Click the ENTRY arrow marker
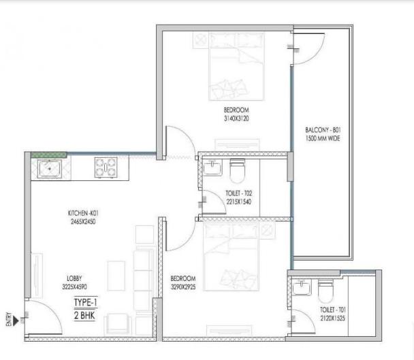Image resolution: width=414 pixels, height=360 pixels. pos(16,321)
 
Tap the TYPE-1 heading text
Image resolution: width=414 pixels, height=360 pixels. pos(86,302)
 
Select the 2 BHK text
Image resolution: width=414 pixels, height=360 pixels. pos(84,315)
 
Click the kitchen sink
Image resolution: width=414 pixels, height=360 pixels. pos(50,169)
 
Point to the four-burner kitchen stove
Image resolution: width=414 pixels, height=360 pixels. pos(106,167)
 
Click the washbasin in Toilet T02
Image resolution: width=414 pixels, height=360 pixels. pos(212,168)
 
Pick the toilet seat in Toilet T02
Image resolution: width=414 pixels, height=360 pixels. pos(237,171)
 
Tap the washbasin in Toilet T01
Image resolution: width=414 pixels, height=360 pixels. pos(302,287)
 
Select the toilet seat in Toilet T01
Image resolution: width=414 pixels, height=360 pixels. pos(325,291)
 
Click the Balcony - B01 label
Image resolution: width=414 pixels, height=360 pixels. pos(323,130)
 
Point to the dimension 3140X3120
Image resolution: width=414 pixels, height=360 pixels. pos(236,118)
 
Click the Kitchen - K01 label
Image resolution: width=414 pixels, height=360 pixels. pos(83,213)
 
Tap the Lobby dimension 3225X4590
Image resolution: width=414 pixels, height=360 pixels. pos(74,287)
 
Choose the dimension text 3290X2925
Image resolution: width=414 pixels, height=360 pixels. pos(183,287)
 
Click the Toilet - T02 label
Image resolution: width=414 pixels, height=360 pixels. pos(239,193)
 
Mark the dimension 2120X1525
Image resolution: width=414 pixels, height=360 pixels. pos(333,318)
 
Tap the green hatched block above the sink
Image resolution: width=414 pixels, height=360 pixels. pos(48,155)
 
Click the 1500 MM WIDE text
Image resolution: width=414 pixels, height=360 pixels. pos(323,138)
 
